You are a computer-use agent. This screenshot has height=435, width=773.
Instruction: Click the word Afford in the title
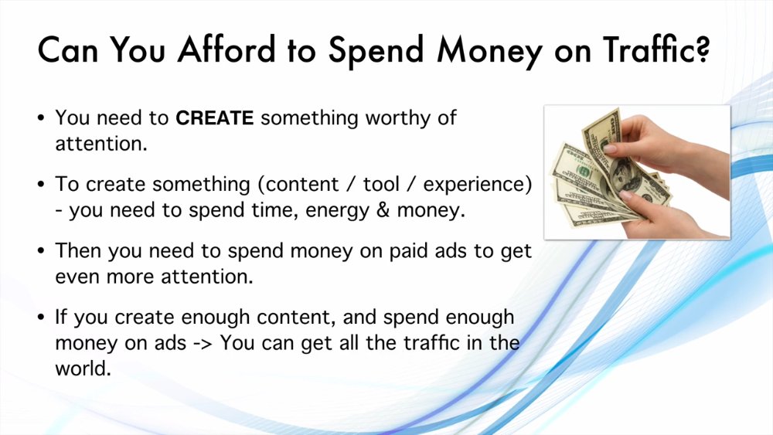[x=226, y=49]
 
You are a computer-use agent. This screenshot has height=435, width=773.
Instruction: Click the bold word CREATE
[x=214, y=118]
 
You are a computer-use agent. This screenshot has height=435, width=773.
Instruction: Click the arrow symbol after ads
[x=203, y=344]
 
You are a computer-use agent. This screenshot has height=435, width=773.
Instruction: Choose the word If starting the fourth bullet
[x=60, y=317]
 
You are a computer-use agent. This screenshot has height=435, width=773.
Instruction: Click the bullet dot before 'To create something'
[x=41, y=184]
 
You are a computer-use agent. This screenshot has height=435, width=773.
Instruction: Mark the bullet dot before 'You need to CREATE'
[x=41, y=118]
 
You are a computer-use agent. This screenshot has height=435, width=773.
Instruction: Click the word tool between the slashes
[x=381, y=184]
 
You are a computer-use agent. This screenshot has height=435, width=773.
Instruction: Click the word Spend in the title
[x=376, y=51]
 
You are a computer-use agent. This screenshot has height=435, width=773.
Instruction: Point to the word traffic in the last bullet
[x=432, y=342]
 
